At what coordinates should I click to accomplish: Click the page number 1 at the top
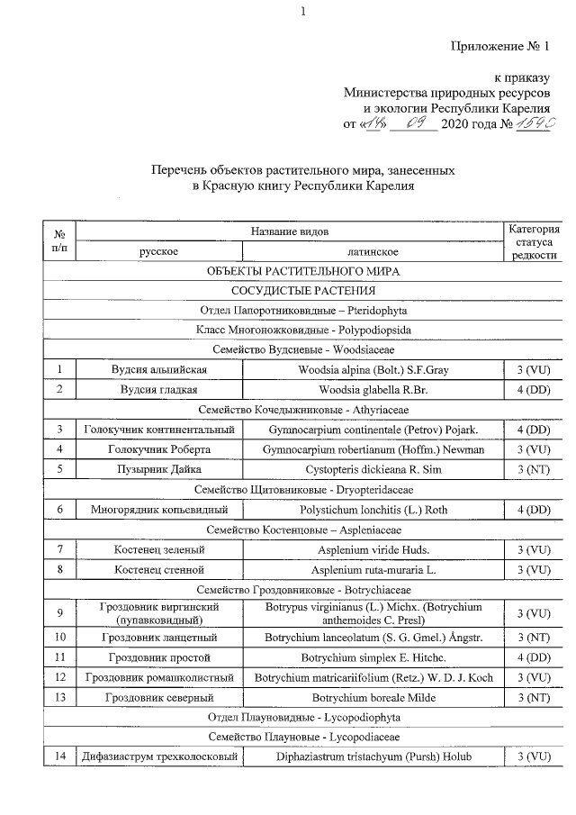303,11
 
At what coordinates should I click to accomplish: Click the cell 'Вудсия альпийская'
160,370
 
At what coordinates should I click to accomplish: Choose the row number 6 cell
59,509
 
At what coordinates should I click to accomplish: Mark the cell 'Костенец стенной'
160,569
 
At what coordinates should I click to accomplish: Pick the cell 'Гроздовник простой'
160,657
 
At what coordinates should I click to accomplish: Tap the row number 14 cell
59,756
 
